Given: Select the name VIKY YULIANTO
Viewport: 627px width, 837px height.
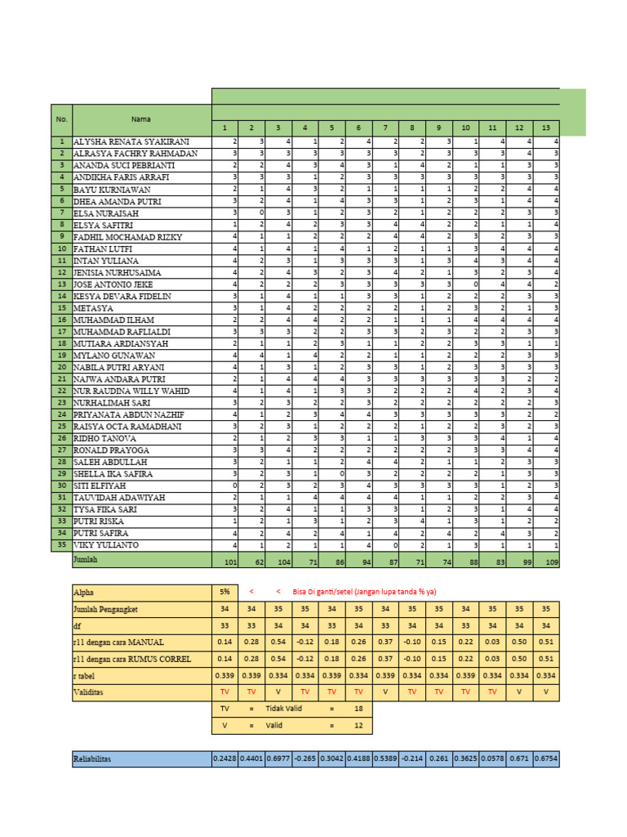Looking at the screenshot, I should (106, 544).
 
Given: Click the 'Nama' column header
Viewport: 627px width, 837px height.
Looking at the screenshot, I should (140, 119).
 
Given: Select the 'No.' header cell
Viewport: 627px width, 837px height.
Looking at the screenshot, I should (62, 119).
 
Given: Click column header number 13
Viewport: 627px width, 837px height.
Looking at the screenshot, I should (545, 128).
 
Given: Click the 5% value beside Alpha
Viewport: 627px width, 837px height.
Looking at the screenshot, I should (224, 591).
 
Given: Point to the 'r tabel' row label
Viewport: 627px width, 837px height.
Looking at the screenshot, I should (88, 675).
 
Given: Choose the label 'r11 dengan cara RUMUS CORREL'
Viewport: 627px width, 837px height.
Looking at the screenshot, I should (133, 658).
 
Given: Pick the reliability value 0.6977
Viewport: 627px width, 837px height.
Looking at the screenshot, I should (278, 759).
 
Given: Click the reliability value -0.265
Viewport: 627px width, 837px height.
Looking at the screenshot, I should (304, 759).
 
